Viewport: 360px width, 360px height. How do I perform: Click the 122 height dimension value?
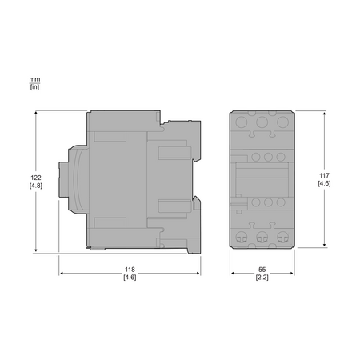(36, 178)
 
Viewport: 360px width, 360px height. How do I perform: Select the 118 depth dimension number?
(130, 270)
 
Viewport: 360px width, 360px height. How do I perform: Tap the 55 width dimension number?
(262, 270)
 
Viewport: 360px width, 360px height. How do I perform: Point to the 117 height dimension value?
(324, 175)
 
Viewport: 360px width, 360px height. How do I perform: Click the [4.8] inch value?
(36, 186)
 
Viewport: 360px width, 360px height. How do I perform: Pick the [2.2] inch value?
(262, 278)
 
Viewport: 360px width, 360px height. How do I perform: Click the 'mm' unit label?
(34, 79)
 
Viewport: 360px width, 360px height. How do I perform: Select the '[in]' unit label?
(34, 87)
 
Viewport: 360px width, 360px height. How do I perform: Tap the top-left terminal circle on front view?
(242, 122)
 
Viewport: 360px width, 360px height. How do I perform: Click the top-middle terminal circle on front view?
(262, 122)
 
